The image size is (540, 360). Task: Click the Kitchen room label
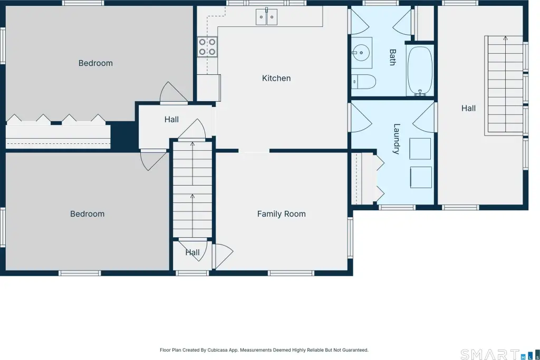(x=276, y=79)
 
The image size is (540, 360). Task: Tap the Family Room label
(x=282, y=214)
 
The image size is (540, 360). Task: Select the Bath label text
(x=392, y=57)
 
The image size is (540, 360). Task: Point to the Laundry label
(x=397, y=139)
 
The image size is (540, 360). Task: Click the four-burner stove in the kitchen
(x=207, y=47)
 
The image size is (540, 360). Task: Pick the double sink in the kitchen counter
(x=266, y=17)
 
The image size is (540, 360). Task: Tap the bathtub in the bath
(x=420, y=71)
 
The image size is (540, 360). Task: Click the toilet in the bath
(x=364, y=82)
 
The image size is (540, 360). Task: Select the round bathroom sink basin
(x=361, y=53)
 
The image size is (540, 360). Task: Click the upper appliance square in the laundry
(x=420, y=149)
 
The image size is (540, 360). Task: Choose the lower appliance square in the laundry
(x=421, y=177)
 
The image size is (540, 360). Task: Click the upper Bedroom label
(x=95, y=63)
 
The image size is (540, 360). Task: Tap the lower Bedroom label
(x=87, y=214)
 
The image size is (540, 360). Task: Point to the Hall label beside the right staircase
(x=468, y=109)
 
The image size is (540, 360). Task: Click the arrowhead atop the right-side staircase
(x=505, y=38)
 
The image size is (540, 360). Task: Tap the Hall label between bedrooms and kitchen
(x=171, y=120)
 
